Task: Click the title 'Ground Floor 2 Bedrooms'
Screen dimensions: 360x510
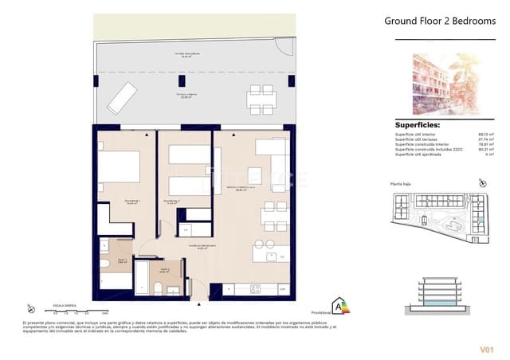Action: [x=439, y=22]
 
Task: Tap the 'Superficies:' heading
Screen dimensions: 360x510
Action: [x=418, y=125]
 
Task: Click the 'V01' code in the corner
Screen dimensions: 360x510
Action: [x=485, y=348]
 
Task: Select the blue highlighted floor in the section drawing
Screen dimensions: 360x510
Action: [x=438, y=305]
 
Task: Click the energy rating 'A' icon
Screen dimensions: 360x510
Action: [x=341, y=305]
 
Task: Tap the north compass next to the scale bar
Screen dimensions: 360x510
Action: [x=30, y=308]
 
